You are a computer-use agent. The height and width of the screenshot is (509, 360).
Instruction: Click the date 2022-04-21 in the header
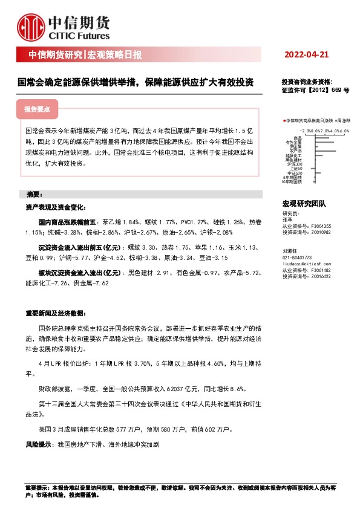coord(307,55)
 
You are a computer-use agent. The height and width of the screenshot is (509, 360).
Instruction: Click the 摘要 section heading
coord(34,195)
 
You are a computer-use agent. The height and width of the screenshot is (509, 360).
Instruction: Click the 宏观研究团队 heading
coord(304,204)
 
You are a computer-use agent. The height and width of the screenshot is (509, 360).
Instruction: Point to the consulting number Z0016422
coord(321,275)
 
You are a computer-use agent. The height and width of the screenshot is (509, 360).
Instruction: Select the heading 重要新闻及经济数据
coord(54,314)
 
